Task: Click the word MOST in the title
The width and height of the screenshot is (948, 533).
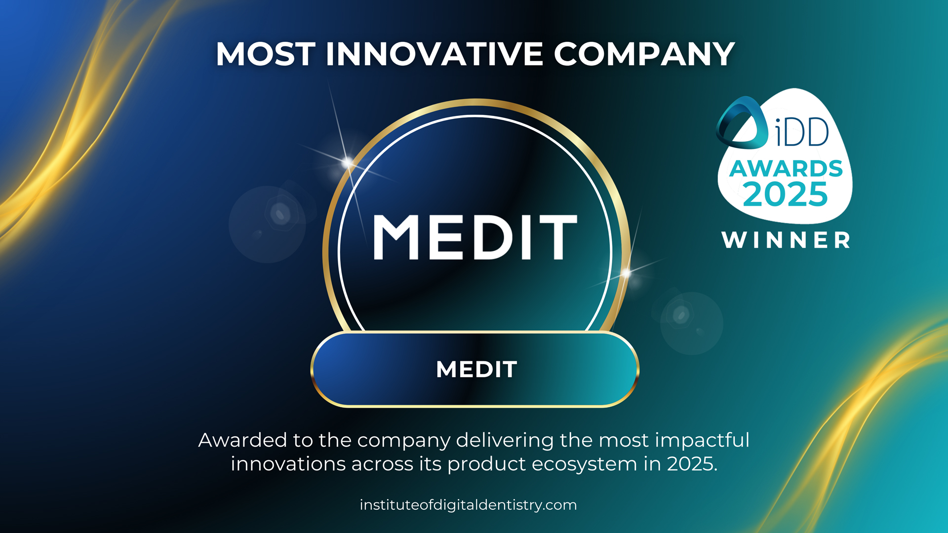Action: click(x=265, y=54)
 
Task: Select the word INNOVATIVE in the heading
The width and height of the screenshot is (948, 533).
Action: click(x=434, y=54)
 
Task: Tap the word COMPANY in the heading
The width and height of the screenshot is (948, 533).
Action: click(x=644, y=54)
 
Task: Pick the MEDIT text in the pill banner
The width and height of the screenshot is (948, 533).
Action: click(x=476, y=369)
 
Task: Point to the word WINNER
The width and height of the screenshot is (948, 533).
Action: click(x=786, y=240)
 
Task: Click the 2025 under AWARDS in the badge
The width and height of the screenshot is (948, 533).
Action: click(x=785, y=194)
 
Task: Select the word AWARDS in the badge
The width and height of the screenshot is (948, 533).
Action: click(x=786, y=169)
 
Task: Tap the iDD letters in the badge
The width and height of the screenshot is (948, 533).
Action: click(x=801, y=132)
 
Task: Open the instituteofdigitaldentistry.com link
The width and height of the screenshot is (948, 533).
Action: click(x=468, y=505)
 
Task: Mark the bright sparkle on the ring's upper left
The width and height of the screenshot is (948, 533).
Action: click(x=348, y=162)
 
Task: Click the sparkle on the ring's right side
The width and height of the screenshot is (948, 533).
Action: click(x=626, y=272)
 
